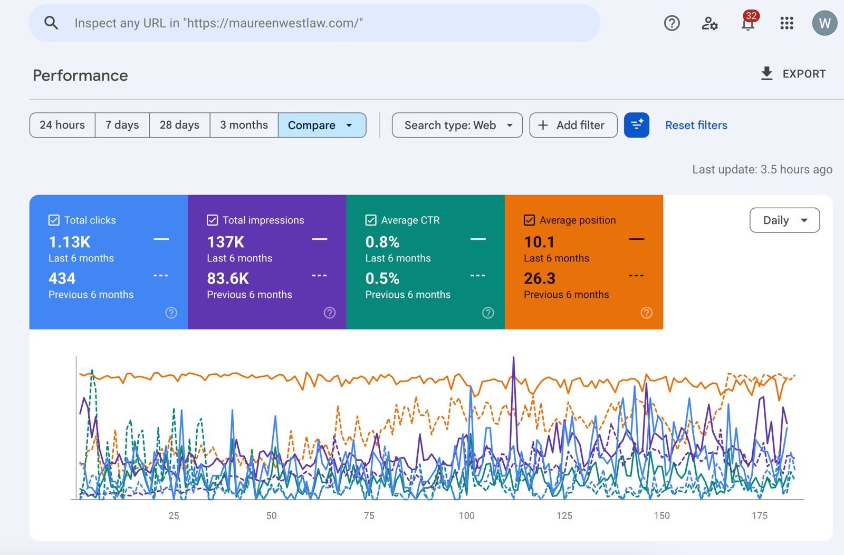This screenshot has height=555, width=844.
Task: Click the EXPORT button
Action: [793, 74]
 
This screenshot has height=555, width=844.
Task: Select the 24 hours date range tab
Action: [63, 125]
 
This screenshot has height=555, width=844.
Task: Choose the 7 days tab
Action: [122, 125]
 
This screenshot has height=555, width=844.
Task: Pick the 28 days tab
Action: [179, 125]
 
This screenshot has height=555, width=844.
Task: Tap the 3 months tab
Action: [244, 125]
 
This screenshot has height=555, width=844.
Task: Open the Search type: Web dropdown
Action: [457, 125]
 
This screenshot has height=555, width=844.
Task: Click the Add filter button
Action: [573, 125]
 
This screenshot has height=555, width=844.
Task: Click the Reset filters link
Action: [696, 125]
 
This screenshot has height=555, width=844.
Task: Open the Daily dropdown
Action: [785, 220]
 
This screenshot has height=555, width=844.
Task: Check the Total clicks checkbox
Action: [54, 220]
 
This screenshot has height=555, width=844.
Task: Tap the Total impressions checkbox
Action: [213, 220]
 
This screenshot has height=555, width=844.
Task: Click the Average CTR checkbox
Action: [371, 220]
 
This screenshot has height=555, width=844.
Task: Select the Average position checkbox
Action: [530, 220]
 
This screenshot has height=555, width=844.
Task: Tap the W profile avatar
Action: [824, 23]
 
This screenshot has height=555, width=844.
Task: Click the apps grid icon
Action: [787, 23]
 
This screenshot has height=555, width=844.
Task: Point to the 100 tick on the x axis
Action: [466, 515]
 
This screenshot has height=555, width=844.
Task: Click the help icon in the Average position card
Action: [647, 313]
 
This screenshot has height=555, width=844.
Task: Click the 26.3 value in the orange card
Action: [540, 279]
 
